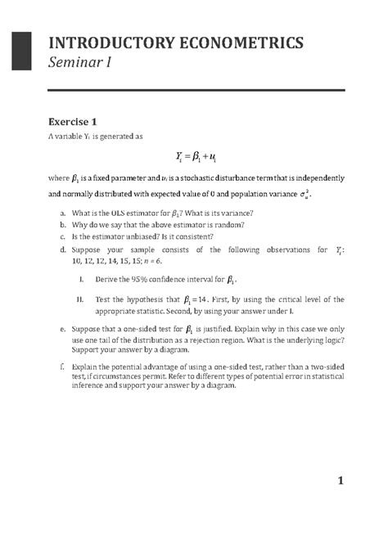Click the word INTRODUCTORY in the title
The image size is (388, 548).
click(107, 42)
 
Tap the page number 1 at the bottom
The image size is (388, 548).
click(341, 482)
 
